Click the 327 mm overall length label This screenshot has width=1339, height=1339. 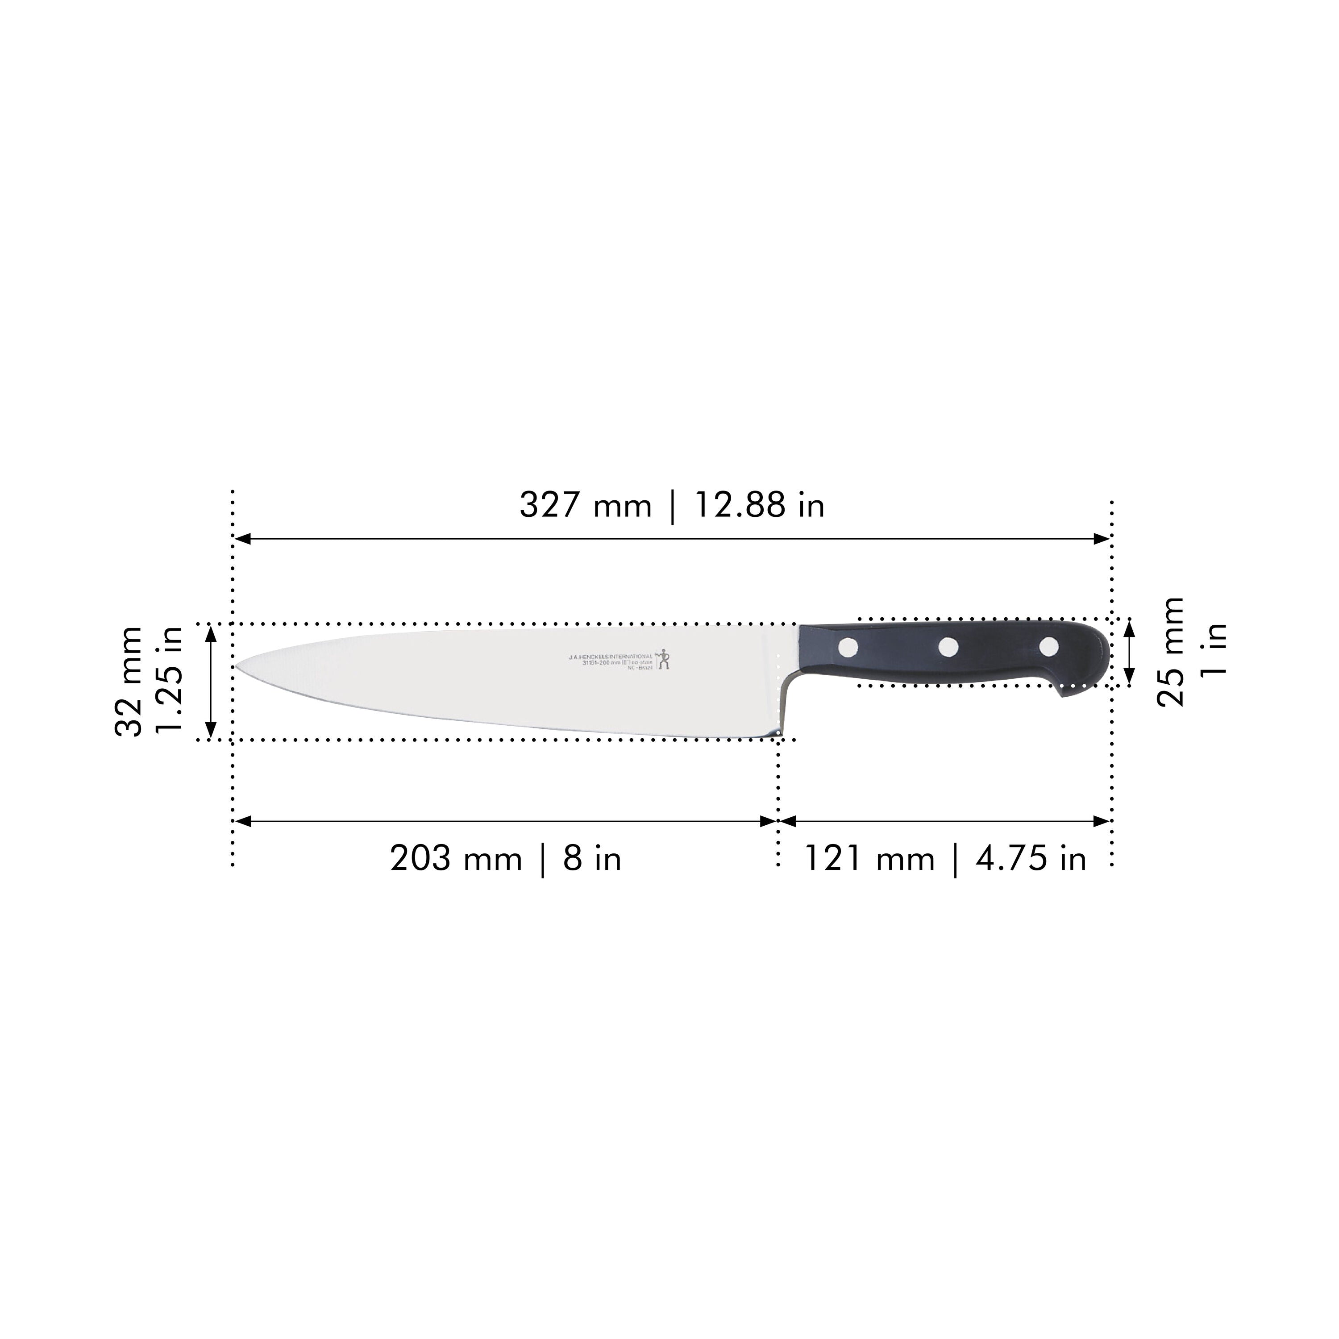pyautogui.click(x=586, y=505)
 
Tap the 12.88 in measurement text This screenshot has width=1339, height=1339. pyautogui.click(x=759, y=505)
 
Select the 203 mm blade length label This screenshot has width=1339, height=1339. pyautogui.click(x=455, y=859)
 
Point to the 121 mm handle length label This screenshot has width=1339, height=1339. pyautogui.click(x=869, y=859)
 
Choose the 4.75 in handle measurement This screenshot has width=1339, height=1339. pyautogui.click(x=1031, y=859)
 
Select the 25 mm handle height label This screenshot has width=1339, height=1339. pyautogui.click(x=1171, y=652)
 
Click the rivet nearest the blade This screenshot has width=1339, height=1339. pyautogui.click(x=848, y=647)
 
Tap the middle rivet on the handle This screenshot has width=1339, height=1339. pyautogui.click(x=948, y=647)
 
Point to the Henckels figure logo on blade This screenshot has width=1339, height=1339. pyautogui.click(x=664, y=658)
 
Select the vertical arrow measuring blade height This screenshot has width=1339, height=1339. pyautogui.click(x=212, y=681)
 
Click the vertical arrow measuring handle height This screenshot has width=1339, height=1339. pyautogui.click(x=1129, y=652)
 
